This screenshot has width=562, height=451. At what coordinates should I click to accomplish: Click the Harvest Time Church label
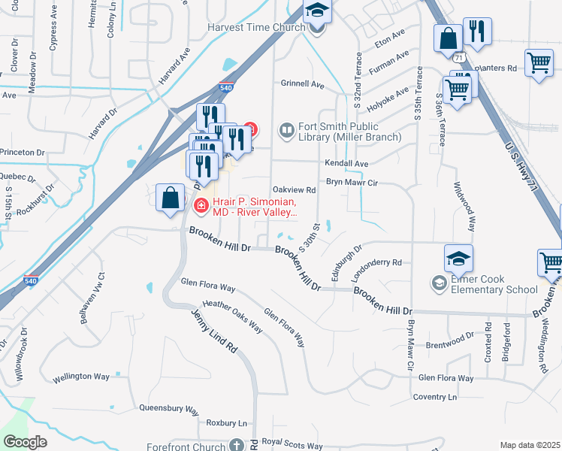[256, 28]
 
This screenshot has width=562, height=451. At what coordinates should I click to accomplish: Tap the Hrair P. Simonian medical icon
[201, 204]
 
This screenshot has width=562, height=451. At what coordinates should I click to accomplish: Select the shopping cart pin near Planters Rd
[539, 64]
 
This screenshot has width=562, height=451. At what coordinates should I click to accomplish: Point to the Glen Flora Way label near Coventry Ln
[446, 378]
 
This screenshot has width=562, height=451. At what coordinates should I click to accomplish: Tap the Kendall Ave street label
[346, 163]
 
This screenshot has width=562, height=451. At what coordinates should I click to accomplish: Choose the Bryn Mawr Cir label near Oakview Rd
[351, 182]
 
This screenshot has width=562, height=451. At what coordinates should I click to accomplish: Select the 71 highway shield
[458, 56]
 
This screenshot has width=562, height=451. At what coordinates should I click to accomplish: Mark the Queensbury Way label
[168, 410]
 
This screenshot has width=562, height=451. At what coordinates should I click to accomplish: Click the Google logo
[25, 442]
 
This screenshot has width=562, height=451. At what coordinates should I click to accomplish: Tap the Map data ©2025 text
[530, 445]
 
